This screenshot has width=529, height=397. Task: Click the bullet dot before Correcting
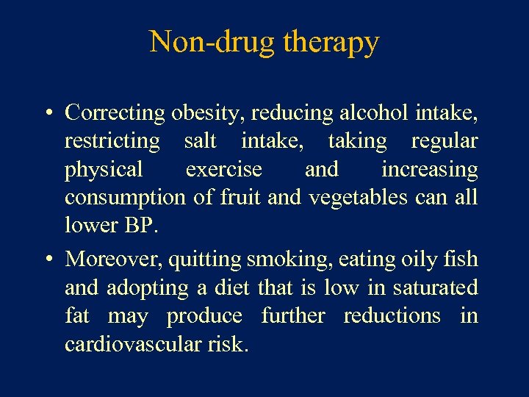point(46,113)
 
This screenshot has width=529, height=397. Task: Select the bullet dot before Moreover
point(46,260)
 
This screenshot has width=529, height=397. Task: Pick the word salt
point(201,140)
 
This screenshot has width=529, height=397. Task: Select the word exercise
point(223,169)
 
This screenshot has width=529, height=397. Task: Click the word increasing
point(429,171)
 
